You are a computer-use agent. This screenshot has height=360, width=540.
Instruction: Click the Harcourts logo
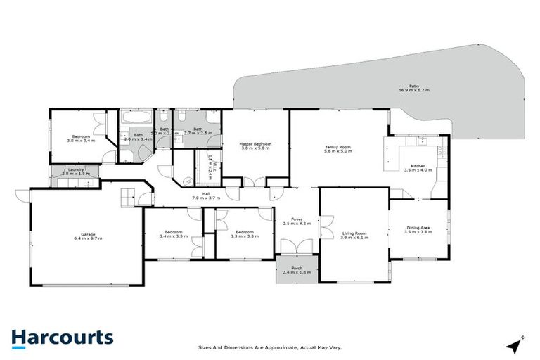click(62, 337)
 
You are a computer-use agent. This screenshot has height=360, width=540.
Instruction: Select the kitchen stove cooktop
click(442, 149)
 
